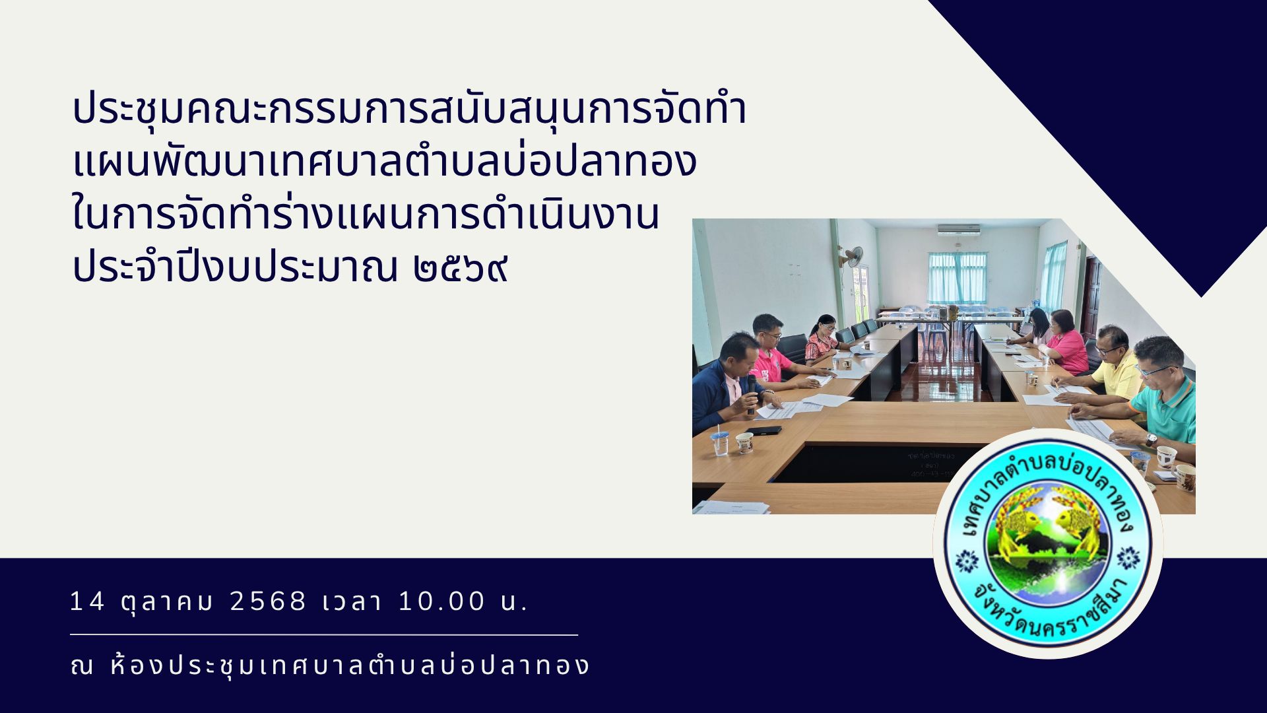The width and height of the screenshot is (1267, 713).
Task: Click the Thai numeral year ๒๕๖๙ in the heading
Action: (461, 267)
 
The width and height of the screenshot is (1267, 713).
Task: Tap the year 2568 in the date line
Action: (268, 601)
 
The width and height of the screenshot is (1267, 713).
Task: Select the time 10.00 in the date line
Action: (442, 601)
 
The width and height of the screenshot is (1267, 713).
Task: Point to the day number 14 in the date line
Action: (87, 601)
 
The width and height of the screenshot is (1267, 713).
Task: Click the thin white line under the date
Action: (324, 635)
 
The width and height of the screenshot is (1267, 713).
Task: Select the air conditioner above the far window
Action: (959, 230)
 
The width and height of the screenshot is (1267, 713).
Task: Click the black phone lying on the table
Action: (763, 430)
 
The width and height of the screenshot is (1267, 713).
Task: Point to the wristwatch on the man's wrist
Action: (1151, 440)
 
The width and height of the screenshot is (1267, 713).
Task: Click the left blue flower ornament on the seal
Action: (967, 561)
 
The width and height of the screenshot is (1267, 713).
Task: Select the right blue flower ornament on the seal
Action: (1128, 559)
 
